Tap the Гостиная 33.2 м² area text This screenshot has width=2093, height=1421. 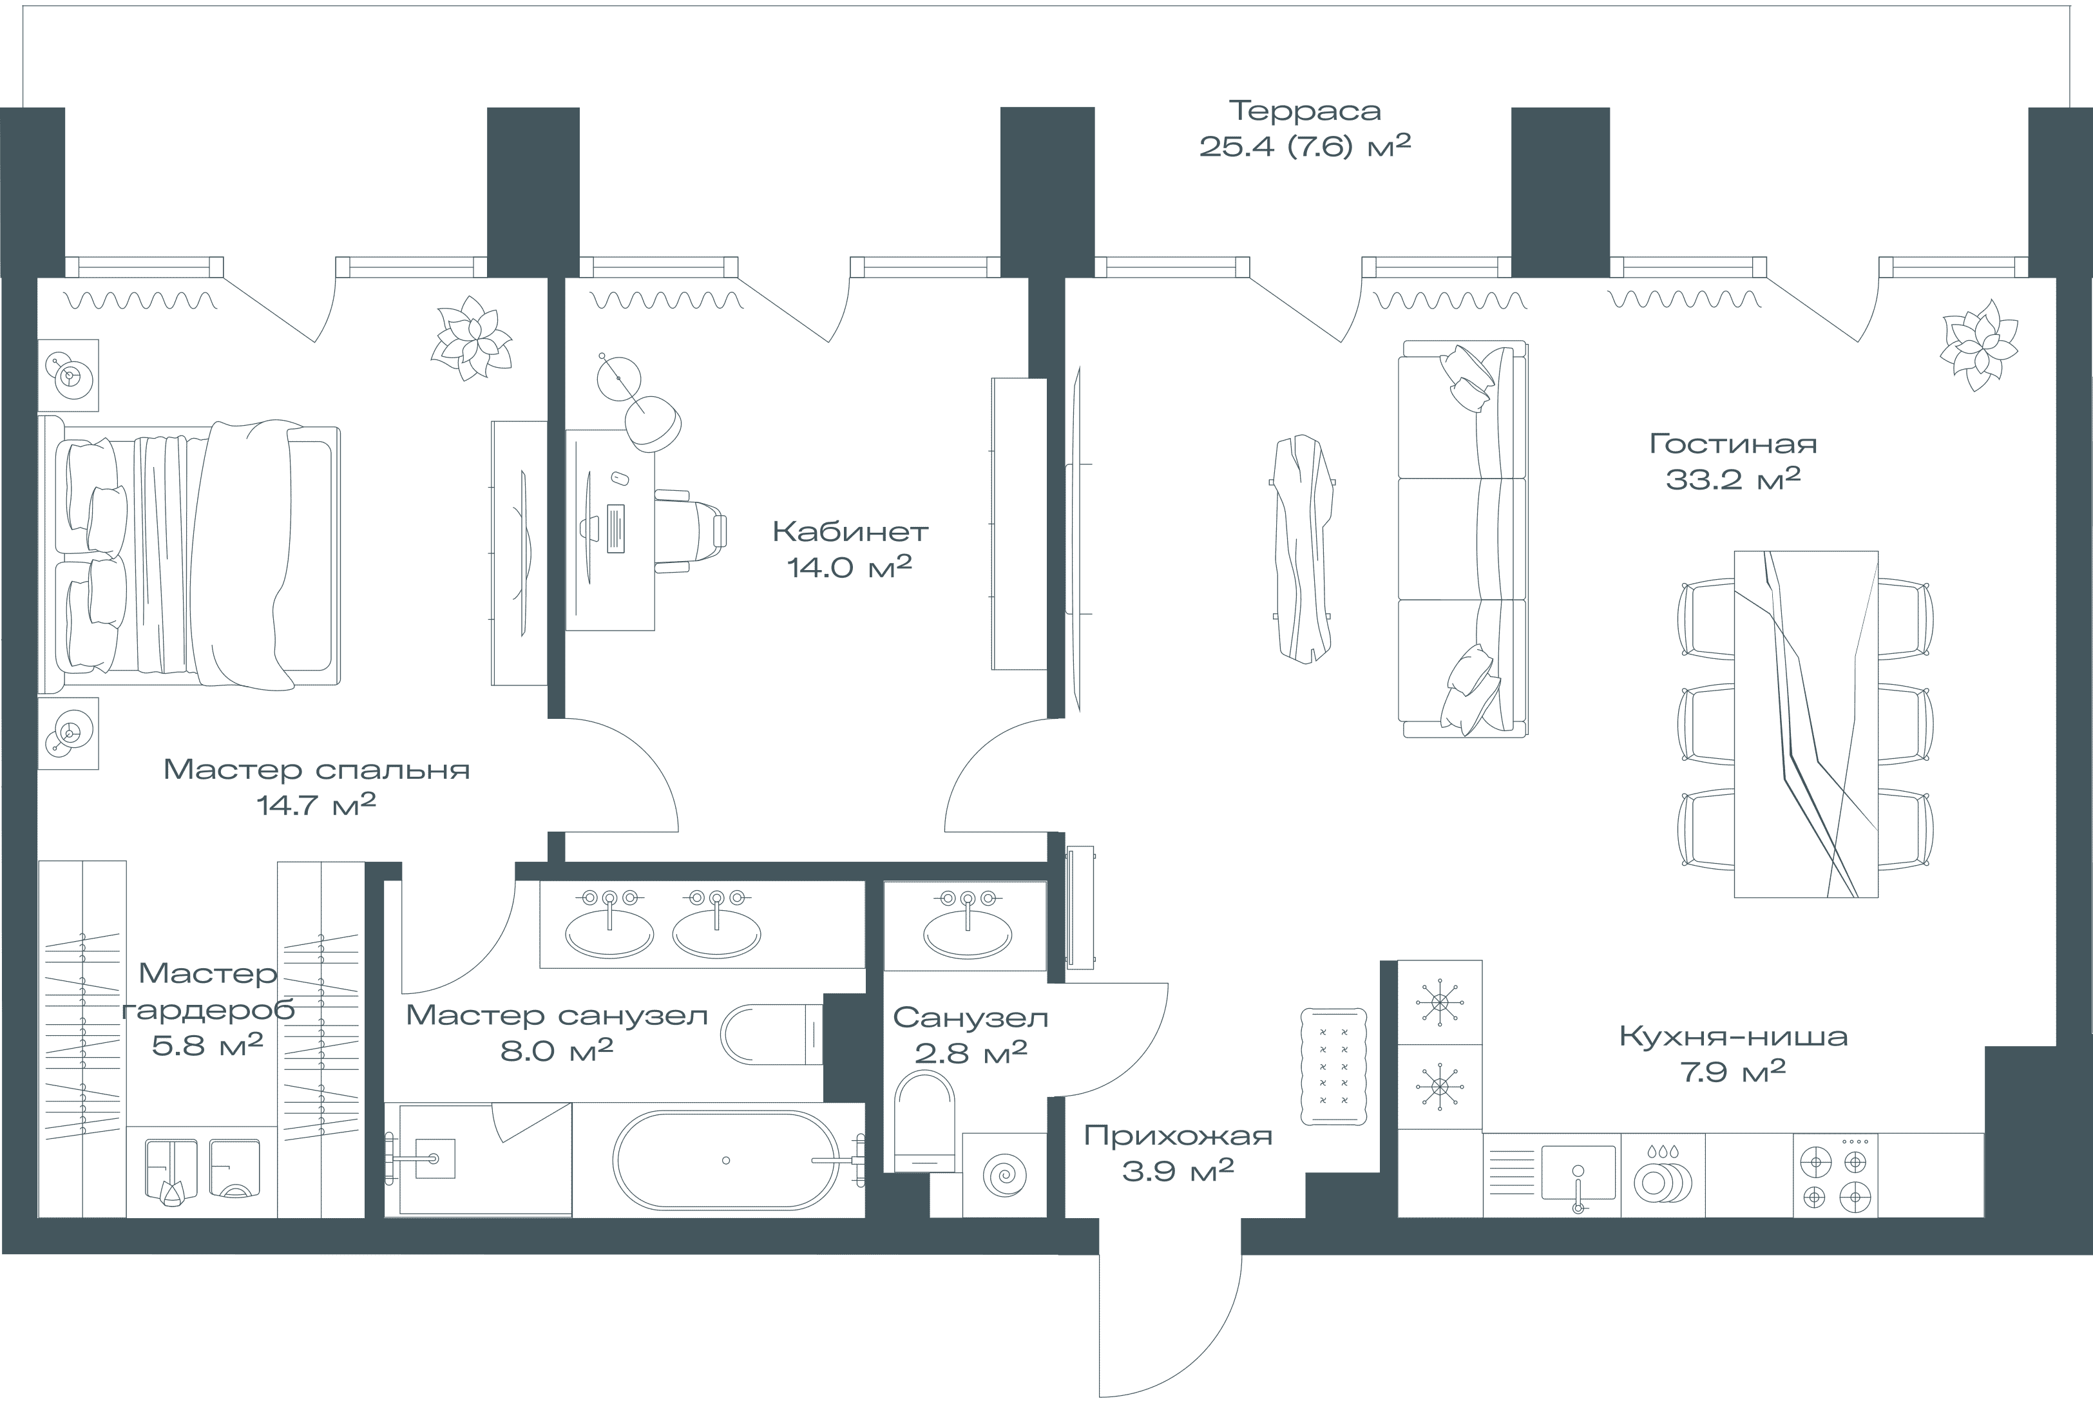pyautogui.click(x=1733, y=461)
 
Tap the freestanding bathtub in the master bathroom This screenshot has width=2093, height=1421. pyautogui.click(x=726, y=1160)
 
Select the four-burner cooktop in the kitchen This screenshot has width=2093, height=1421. pyautogui.click(x=1835, y=1174)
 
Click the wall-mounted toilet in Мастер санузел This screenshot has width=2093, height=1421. pyautogui.click(x=772, y=1034)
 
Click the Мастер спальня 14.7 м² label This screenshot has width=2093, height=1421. pyautogui.click(x=316, y=786)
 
